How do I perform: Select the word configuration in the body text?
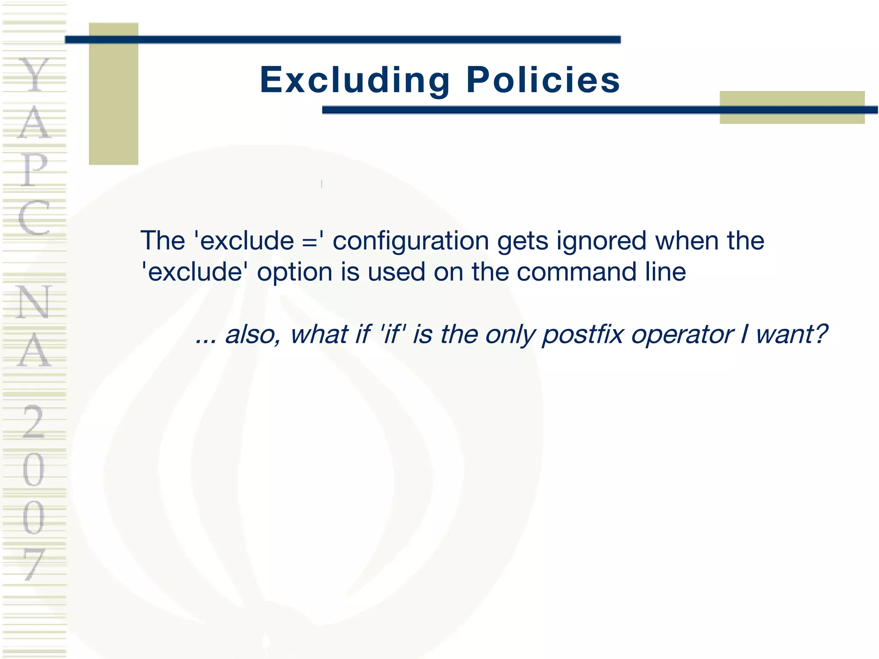(x=411, y=241)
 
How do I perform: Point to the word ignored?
(x=601, y=242)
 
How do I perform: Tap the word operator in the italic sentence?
(x=682, y=335)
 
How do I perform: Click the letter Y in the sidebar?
(x=34, y=75)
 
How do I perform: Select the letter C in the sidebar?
(x=34, y=218)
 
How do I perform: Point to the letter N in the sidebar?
(x=34, y=302)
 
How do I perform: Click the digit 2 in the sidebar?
(x=33, y=423)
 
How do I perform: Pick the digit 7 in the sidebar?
(x=33, y=564)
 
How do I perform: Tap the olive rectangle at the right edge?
(x=792, y=107)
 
